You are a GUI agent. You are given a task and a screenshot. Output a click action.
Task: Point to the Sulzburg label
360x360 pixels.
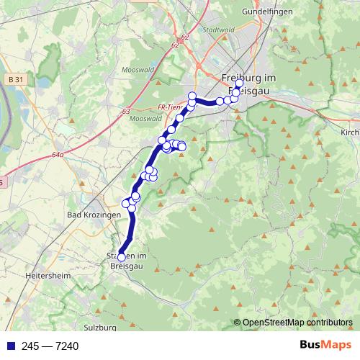pos(100,327)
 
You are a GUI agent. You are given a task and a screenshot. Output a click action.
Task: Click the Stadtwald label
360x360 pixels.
pos(220,30)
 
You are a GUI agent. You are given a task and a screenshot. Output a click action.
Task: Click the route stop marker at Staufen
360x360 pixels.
pos(122,257)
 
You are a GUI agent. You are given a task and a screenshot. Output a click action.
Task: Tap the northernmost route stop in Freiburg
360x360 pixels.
pos(240,83)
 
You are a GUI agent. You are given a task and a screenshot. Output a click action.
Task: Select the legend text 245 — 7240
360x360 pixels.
pos(50,346)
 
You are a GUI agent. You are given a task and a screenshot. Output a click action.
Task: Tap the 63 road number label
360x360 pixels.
pos(127,112)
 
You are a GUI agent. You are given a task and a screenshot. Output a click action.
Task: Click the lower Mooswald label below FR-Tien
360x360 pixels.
pos(147,118)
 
